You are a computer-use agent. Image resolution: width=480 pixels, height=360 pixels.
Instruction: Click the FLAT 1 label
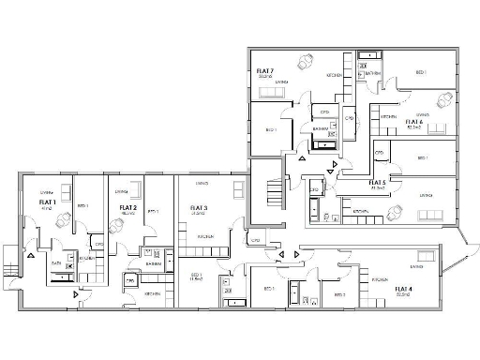(47, 202)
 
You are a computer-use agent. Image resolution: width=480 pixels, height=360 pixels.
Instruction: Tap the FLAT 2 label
(128, 207)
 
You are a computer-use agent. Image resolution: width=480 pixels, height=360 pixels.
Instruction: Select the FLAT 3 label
(198, 207)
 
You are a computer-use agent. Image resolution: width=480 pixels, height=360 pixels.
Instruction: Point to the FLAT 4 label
(403, 289)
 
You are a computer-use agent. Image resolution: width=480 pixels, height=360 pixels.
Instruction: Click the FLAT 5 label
(378, 182)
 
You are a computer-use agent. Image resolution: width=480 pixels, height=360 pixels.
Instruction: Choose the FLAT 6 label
(413, 121)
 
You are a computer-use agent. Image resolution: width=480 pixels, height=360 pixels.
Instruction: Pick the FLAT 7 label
(265, 71)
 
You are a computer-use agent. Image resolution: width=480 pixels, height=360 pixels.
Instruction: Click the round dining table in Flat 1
(64, 219)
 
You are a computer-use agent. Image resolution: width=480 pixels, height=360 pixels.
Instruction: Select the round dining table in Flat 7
(305, 61)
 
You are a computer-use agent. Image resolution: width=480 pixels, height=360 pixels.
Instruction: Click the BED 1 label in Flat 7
(270, 129)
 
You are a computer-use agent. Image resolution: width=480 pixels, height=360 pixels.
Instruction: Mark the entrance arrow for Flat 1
(31, 253)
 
